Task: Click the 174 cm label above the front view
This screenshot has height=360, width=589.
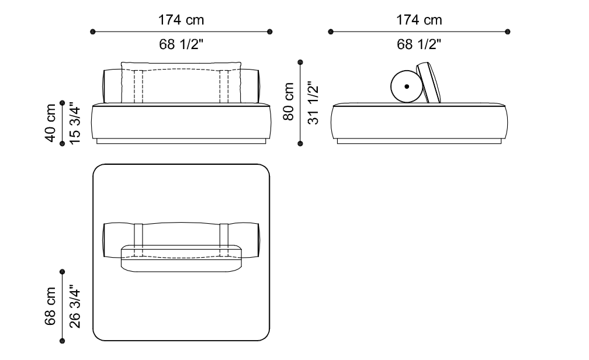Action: [x=181, y=20]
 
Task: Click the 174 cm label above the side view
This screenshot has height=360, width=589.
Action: [x=419, y=20]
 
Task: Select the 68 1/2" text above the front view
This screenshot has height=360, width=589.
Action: [x=181, y=44]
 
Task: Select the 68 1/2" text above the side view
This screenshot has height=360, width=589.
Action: [x=419, y=44]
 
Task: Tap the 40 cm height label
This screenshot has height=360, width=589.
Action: [x=50, y=123]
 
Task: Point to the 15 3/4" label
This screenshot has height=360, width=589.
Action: [x=75, y=124]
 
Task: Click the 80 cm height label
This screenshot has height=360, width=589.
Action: [x=288, y=102]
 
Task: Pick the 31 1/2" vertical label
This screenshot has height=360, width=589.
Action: [x=313, y=103]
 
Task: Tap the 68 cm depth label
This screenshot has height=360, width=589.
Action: [x=50, y=306]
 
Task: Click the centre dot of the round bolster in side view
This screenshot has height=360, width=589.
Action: [x=407, y=86]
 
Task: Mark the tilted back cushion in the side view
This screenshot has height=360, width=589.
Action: [x=429, y=82]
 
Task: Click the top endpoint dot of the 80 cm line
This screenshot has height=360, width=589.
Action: [x=300, y=62]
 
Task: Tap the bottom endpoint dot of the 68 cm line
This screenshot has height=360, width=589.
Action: [x=63, y=341]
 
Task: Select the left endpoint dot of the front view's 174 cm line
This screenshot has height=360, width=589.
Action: [x=93, y=32]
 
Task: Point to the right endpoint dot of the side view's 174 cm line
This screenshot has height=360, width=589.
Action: [x=508, y=32]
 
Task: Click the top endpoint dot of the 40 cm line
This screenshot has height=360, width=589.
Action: [x=63, y=103]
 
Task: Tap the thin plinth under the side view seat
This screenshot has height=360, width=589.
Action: [x=419, y=141]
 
